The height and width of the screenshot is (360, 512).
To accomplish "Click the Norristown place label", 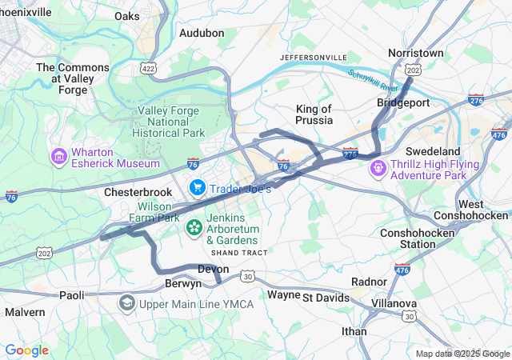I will (415, 53).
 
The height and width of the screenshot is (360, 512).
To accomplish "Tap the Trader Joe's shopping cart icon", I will (197, 187).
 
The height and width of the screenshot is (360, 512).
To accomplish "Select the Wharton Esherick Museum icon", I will (58, 155).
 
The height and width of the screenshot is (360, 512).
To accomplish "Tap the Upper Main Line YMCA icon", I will (126, 303).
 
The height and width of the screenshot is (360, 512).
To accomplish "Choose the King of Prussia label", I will (314, 114).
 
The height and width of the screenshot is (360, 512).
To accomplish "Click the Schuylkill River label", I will (373, 80).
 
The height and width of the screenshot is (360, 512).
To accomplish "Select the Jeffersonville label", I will (314, 58).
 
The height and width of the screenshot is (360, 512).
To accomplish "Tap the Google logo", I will (26, 350).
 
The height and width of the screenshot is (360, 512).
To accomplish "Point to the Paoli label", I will (71, 295).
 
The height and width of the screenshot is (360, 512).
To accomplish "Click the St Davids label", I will (326, 298).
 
